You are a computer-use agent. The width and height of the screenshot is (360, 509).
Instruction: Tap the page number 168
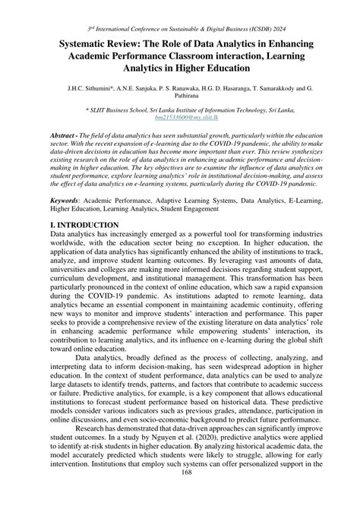pyautogui.click(x=179, y=494)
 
